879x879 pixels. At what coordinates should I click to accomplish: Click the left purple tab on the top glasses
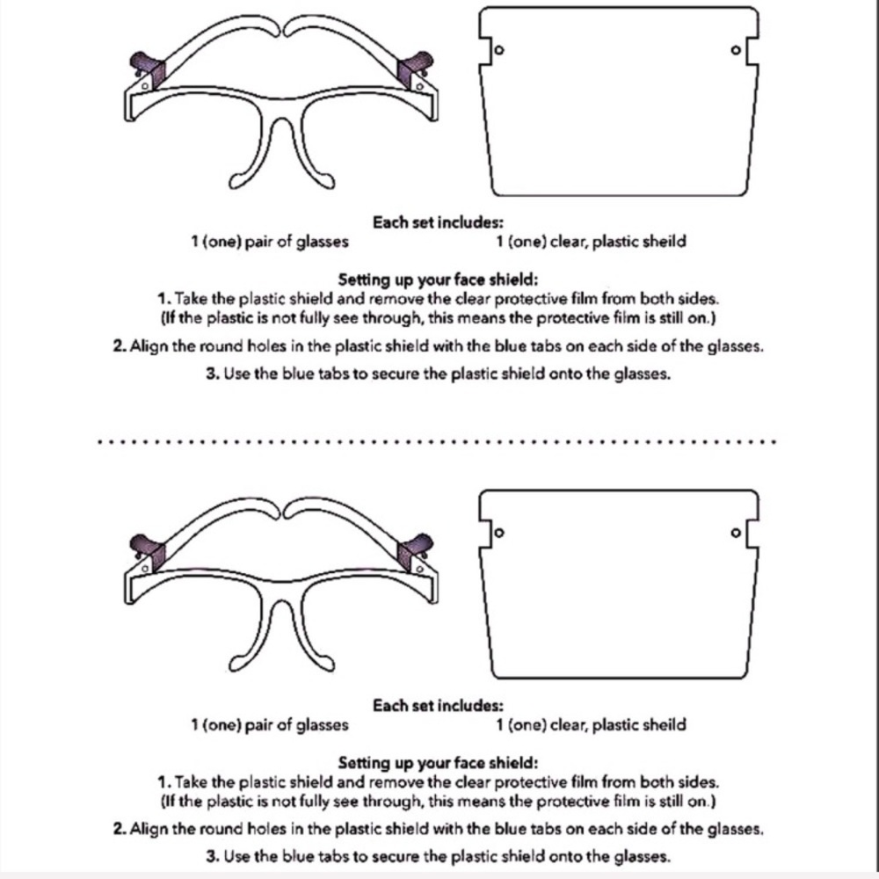tap(148, 69)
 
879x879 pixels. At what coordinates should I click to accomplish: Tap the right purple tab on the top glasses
tap(414, 69)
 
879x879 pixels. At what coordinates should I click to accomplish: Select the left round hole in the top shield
tap(499, 50)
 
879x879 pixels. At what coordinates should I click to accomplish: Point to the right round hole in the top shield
tap(736, 50)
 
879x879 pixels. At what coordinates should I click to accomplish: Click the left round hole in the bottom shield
tap(499, 533)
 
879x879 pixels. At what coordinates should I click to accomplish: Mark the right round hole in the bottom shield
tap(736, 533)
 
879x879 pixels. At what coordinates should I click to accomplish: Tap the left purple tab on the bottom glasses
tap(148, 552)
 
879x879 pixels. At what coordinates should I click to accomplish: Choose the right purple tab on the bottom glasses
tap(414, 552)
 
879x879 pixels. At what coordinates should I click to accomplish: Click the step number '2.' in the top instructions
tap(120, 346)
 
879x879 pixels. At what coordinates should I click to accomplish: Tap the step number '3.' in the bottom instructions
tap(213, 856)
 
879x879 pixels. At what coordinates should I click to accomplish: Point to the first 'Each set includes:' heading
tap(439, 222)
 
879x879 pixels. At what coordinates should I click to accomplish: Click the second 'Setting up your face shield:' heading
tap(439, 763)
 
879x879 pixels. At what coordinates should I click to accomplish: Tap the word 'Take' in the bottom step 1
tap(191, 782)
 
